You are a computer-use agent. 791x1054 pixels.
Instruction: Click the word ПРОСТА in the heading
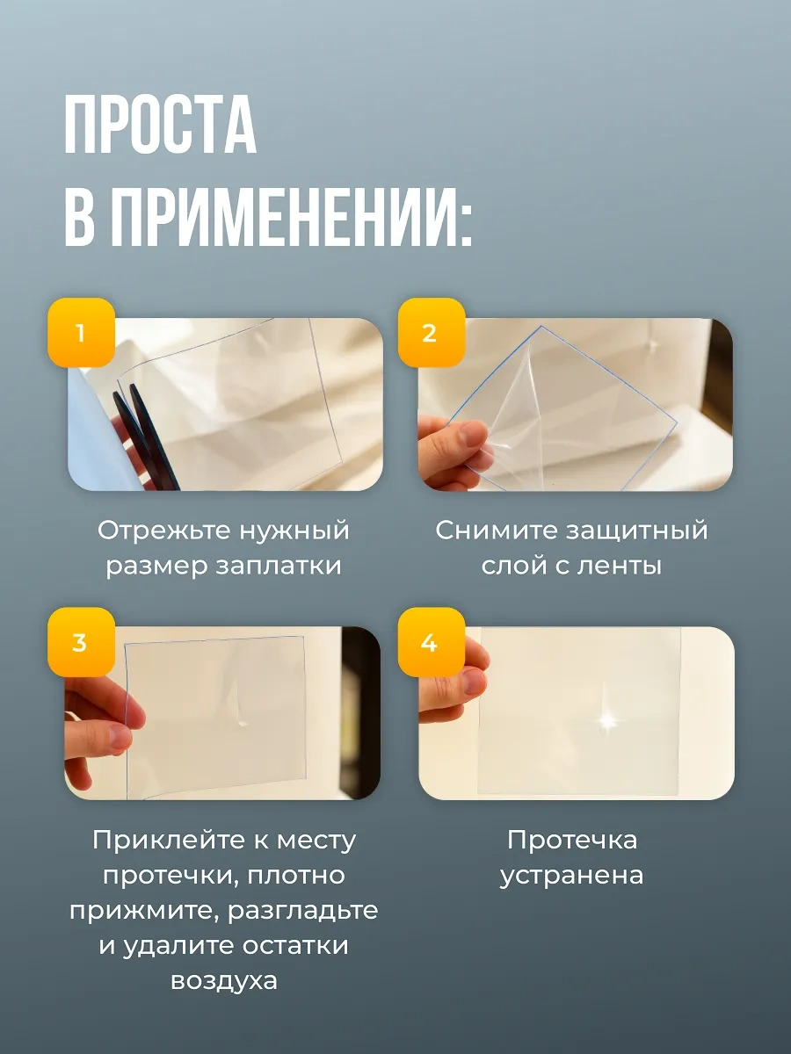pos(161,125)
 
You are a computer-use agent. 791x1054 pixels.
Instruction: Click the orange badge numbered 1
pos(81,332)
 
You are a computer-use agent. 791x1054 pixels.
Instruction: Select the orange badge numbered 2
pos(431,332)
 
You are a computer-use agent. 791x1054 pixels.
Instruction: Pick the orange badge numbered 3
pos(81,642)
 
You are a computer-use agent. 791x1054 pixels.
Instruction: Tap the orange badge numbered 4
pos(431,642)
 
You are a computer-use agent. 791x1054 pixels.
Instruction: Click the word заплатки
pos(278,567)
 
